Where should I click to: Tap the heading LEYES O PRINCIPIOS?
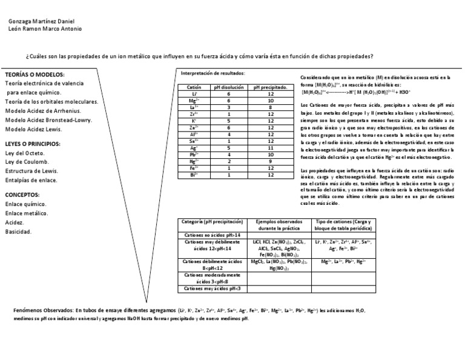point(33,144)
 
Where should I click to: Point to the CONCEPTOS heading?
point(23,195)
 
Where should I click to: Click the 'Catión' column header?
point(194,87)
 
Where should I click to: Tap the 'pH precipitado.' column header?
point(270,87)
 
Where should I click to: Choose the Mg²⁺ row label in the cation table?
point(194,101)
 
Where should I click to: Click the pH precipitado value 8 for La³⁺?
point(271,107)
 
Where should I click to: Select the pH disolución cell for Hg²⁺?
point(229,161)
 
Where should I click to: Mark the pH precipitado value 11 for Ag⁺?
point(271,147)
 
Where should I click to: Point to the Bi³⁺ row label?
point(194,175)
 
